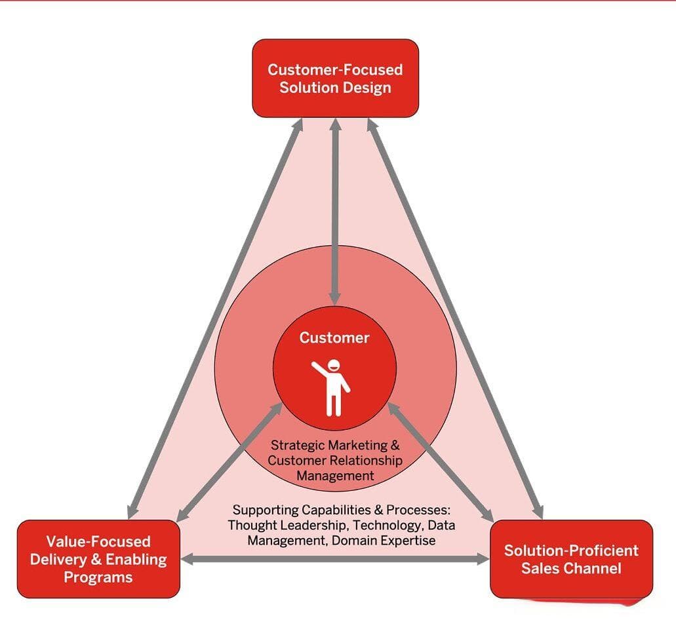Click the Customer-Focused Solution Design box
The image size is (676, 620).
[336, 79]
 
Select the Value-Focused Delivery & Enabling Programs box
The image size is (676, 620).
[98, 559]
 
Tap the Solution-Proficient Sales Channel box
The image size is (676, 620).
[572, 559]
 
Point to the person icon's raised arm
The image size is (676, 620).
[319, 369]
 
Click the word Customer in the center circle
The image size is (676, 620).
[334, 338]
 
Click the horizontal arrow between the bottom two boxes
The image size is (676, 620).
[335, 559]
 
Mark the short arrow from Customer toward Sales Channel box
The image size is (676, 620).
[441, 461]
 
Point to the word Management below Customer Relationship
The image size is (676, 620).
[335, 476]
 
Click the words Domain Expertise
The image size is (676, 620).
[384, 540]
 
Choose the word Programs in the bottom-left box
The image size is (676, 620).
[98, 577]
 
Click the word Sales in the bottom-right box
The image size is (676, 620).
[540, 568]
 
